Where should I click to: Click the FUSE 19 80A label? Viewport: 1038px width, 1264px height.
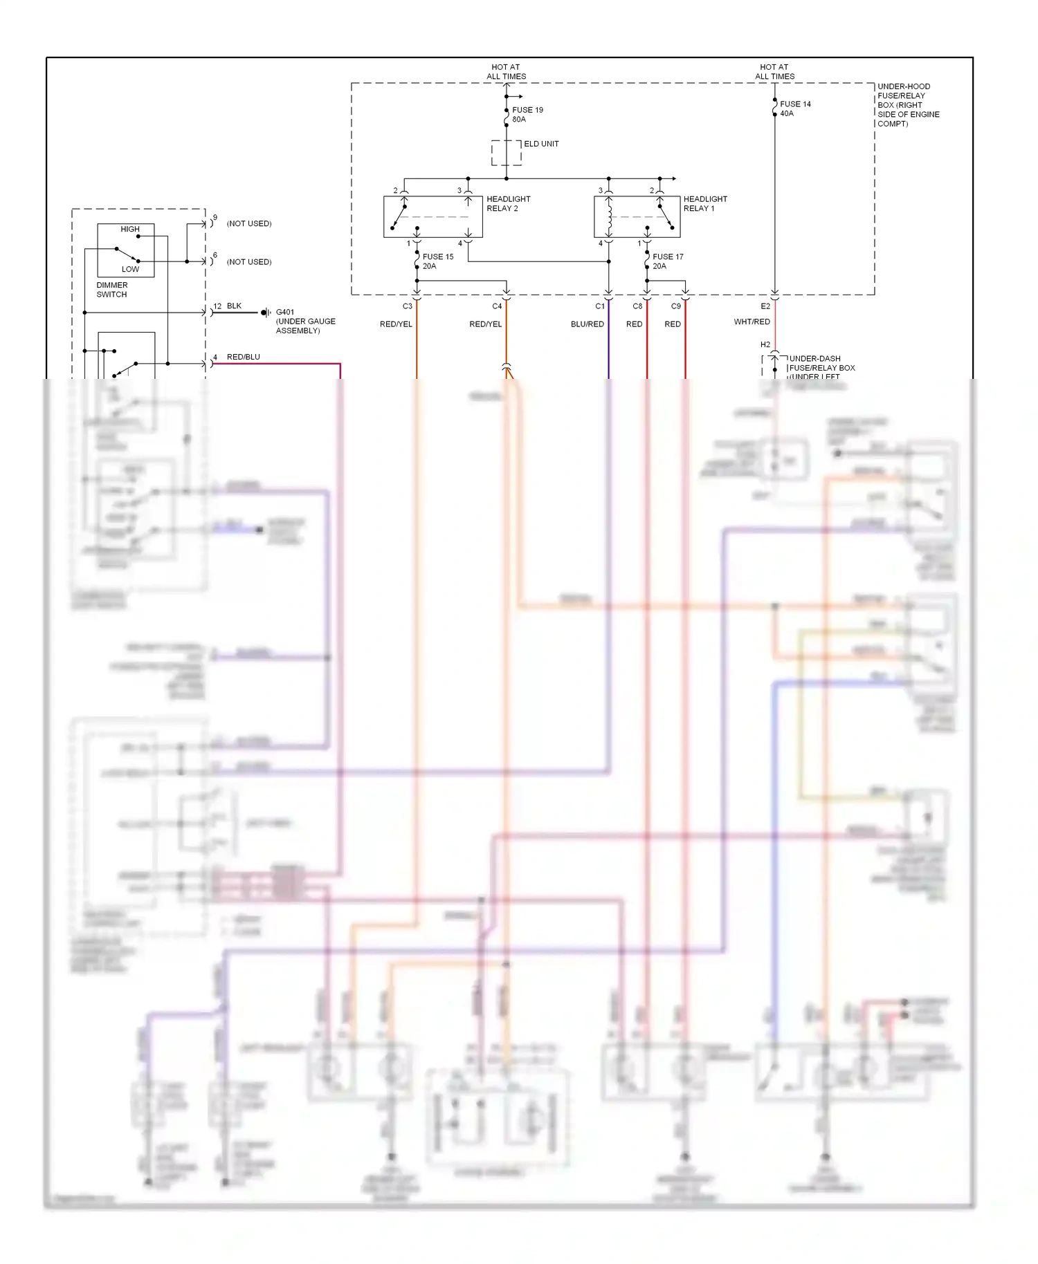[x=527, y=115]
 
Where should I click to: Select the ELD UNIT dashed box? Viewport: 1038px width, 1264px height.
[x=506, y=153]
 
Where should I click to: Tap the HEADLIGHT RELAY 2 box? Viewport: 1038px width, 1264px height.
[x=432, y=217]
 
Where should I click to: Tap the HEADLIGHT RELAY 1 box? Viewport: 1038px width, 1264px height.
[x=636, y=217]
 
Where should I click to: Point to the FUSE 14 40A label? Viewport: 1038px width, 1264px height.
[x=795, y=109]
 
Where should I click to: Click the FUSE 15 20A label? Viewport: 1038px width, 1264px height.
[x=438, y=261]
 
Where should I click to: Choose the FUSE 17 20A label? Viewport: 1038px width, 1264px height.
[x=668, y=261]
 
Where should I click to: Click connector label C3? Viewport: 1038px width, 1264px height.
[x=408, y=306]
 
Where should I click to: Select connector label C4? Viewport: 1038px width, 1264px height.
[x=497, y=306]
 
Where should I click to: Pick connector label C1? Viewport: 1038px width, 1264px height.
[x=600, y=306]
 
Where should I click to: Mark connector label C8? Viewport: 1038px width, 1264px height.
[x=637, y=306]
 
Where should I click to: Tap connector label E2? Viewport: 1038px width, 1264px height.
[x=765, y=306]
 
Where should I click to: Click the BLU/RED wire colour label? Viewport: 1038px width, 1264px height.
[x=588, y=324]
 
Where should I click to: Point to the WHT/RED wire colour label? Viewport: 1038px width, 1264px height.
[x=752, y=322]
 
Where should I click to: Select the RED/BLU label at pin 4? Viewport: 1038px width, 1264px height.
[x=244, y=357]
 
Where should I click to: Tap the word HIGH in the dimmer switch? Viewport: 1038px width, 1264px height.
[x=130, y=230]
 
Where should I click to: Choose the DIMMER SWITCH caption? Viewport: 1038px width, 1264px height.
[x=112, y=290]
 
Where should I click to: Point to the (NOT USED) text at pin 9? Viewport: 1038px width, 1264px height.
[x=249, y=224]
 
